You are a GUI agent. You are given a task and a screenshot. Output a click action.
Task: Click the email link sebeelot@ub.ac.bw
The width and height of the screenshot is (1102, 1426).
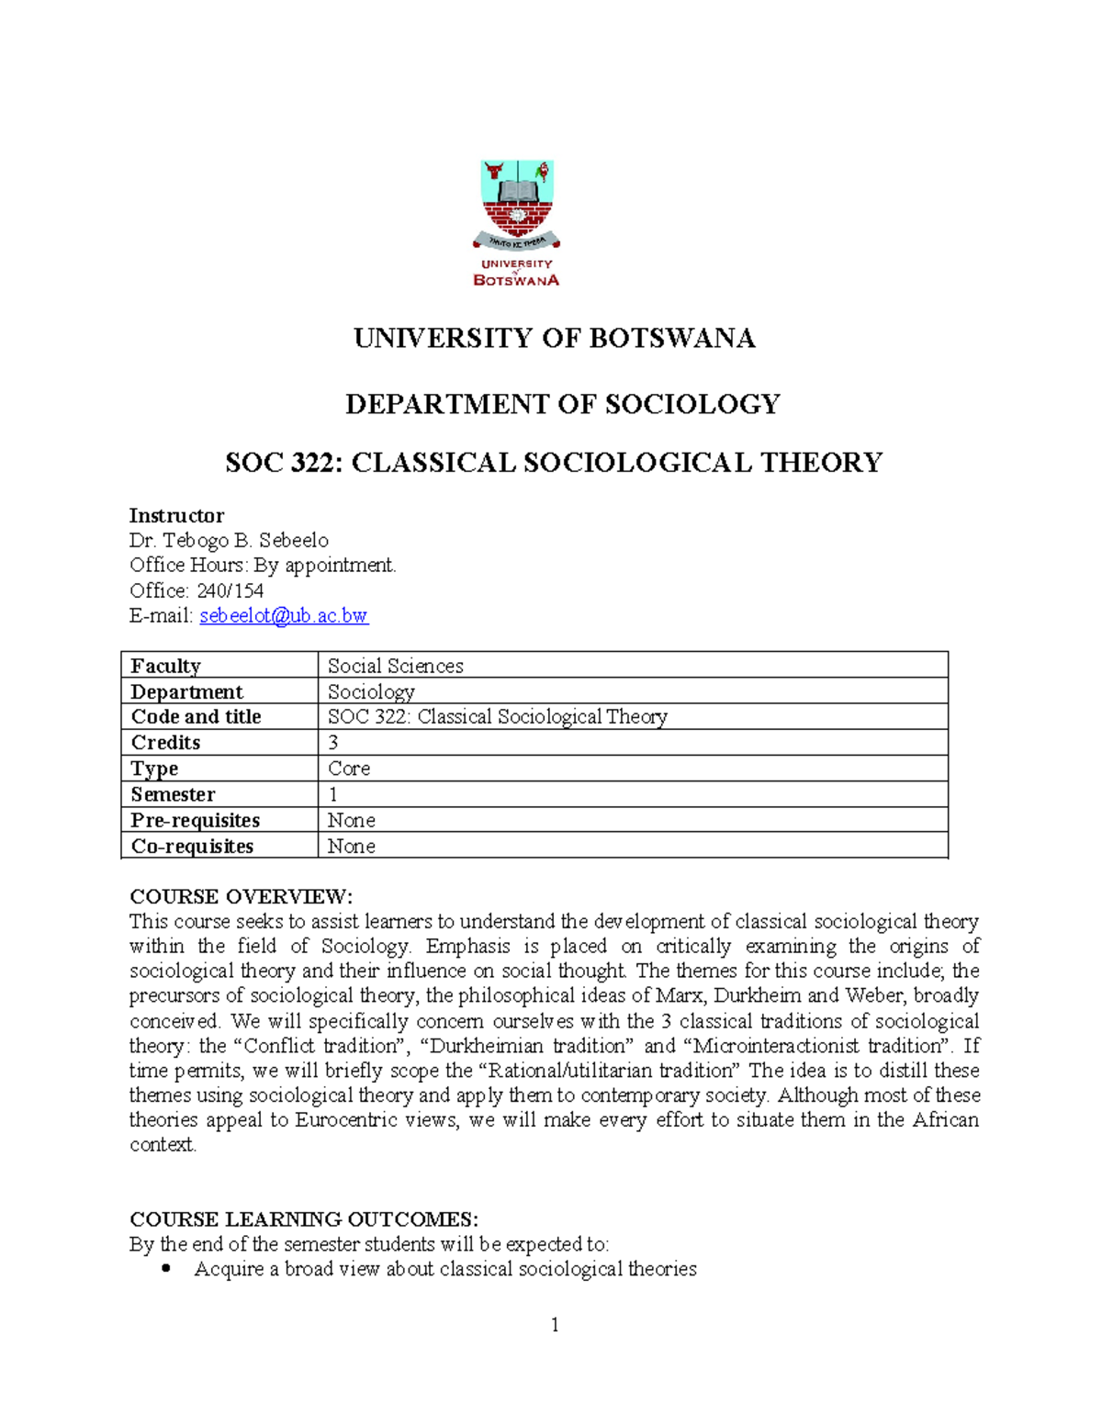tap(284, 616)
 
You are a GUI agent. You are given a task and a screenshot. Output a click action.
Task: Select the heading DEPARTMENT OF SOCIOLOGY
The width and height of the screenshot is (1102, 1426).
tap(562, 404)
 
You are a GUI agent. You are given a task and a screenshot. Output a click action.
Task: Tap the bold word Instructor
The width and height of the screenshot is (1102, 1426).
tap(176, 515)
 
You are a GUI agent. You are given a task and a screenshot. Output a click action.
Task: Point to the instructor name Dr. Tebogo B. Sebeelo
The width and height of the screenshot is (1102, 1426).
tap(229, 541)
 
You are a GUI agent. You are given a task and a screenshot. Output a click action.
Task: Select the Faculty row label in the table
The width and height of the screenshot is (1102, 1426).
tap(165, 666)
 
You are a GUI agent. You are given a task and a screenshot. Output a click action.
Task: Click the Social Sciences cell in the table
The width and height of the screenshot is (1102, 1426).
tap(395, 666)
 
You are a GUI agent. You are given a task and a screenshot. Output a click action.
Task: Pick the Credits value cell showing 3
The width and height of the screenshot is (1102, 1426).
tap(333, 742)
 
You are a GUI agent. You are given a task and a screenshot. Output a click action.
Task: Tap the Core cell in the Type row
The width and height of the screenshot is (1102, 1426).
tap(349, 768)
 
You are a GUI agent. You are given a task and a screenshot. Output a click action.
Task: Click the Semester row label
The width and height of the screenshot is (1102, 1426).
tap(173, 794)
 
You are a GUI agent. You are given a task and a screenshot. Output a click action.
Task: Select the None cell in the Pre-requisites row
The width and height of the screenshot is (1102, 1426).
tap(351, 820)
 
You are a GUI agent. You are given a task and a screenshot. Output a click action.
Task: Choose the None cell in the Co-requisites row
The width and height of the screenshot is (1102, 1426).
tap(351, 846)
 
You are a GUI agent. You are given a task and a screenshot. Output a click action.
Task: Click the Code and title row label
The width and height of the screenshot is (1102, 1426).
tap(196, 716)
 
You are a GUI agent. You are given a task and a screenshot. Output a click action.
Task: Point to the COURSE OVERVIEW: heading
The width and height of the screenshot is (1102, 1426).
tap(241, 896)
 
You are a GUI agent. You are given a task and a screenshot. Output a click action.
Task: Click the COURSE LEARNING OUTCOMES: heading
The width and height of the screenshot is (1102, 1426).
tap(304, 1219)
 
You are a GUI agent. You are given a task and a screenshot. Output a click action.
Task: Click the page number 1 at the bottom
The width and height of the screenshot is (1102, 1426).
tap(555, 1324)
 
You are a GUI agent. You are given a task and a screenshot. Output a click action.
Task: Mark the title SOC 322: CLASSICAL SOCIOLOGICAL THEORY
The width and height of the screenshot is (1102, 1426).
tap(554, 462)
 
